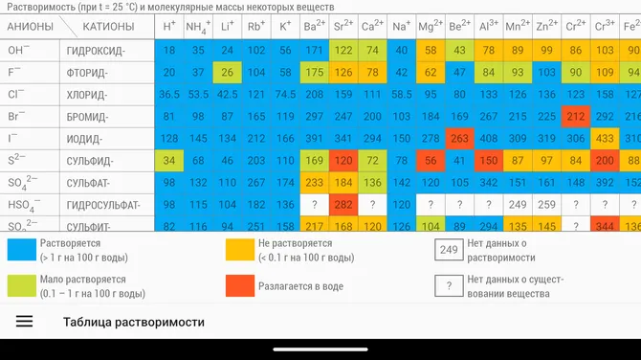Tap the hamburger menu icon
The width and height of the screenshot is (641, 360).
coord(24,322)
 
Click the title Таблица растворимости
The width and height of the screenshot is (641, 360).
coord(134,322)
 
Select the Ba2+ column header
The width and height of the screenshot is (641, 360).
coord(314,27)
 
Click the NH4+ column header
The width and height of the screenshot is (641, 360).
coord(198,27)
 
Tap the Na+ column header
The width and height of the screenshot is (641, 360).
coord(402,27)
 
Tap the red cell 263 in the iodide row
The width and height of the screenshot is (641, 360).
coord(460,138)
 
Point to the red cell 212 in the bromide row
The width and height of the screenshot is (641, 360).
coord(576,116)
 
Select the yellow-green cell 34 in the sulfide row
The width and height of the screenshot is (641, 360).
coord(169,160)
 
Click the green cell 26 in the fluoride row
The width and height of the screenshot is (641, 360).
coord(227,72)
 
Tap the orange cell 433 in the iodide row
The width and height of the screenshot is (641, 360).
coord(605,138)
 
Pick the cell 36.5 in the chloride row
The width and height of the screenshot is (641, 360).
coord(169,94)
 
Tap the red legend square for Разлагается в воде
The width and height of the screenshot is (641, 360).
coord(241,284)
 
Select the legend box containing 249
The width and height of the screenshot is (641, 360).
coord(448,250)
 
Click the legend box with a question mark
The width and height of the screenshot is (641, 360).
coord(448,284)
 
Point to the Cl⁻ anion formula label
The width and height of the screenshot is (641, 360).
coord(16,94)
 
